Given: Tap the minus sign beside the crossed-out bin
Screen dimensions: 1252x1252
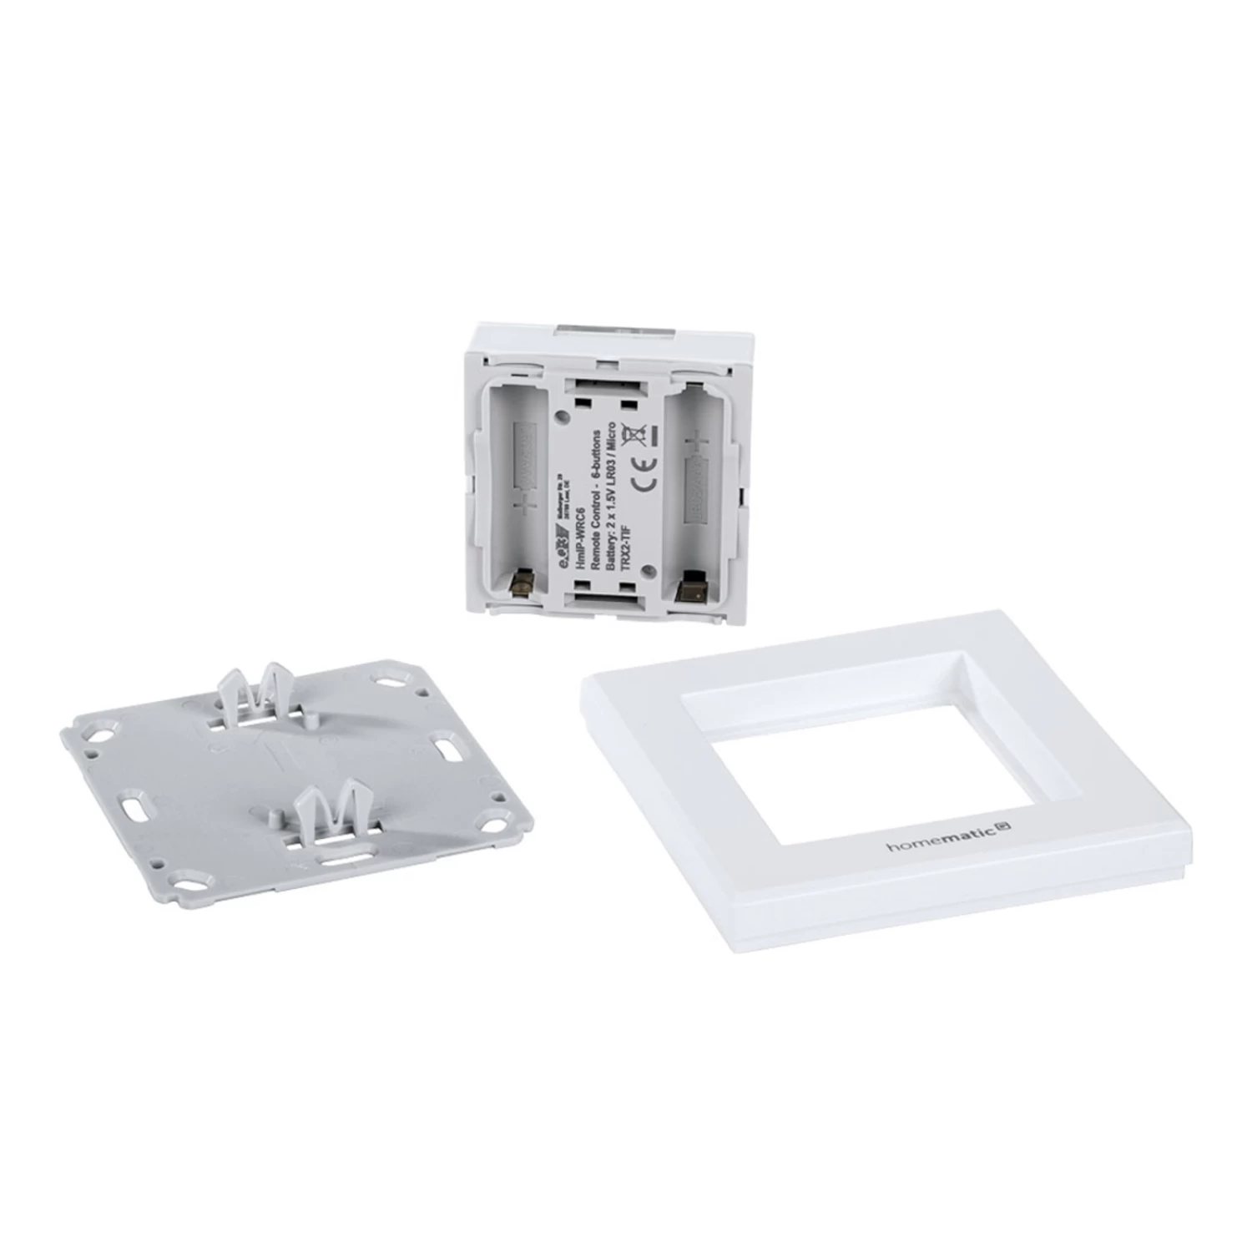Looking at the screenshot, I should pyautogui.click(x=655, y=434).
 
